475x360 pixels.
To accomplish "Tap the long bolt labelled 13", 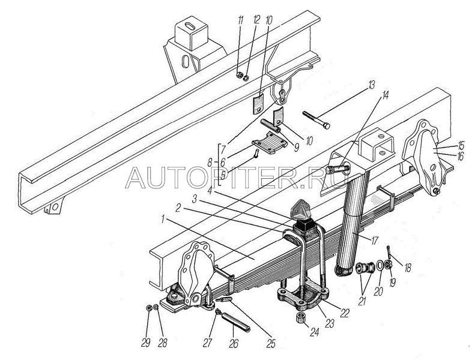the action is point(316,119).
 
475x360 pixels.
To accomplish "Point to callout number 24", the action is point(315,332).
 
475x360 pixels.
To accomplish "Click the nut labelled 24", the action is point(301,319).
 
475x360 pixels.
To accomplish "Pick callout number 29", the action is point(146,343).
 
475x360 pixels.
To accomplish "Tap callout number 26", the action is point(234,343).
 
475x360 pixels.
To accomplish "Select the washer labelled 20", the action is point(380,266).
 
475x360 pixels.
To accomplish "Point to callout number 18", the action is point(408,268).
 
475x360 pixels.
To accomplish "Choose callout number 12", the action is point(256,20).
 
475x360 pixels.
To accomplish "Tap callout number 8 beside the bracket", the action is point(211,163).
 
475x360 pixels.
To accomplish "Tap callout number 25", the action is point(271,343).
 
